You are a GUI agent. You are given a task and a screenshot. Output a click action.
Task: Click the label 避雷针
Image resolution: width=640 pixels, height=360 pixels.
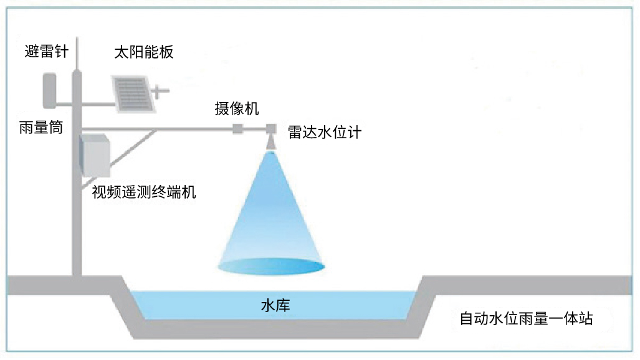pos(46,52)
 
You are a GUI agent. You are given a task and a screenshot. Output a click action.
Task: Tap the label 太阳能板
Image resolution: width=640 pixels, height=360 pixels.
pos(143,52)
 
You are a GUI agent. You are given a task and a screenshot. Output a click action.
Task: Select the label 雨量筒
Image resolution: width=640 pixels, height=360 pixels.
pos(41,128)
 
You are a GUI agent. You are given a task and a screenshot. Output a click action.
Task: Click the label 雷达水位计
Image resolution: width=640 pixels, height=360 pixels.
pos(324,132)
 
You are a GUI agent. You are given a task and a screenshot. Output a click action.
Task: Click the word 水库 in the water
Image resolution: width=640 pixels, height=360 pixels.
pos(275,306)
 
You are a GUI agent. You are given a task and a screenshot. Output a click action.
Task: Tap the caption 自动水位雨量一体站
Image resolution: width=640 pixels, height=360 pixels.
pos(526,320)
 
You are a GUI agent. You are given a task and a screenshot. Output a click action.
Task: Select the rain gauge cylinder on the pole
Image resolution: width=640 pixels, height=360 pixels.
pos(50,90)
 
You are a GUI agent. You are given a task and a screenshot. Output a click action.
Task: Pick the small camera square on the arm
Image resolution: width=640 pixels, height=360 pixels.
pos(237,129)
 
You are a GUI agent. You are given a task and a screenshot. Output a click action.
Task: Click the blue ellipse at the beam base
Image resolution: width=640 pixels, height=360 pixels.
pos(271,267)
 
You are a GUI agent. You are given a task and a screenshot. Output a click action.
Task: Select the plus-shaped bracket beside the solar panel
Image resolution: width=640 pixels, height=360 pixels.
pos(160,92)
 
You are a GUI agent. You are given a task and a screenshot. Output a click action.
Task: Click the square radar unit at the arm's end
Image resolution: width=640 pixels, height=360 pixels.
pos(271,129)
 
